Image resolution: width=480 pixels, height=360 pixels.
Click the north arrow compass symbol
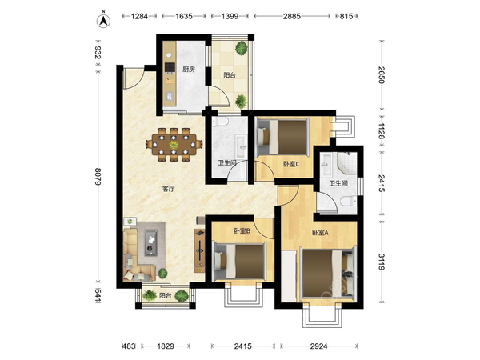click(103, 21)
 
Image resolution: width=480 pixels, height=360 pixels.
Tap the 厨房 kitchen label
click(189, 70)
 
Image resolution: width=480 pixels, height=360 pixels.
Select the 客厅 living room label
click(168, 189)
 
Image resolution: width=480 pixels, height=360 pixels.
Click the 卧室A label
click(320, 233)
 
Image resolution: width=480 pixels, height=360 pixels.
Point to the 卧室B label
click(242, 231)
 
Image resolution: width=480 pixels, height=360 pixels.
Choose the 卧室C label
click(291, 164)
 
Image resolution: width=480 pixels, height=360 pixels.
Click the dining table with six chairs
click(174, 144)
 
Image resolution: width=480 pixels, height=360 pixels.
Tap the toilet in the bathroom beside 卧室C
click(221, 122)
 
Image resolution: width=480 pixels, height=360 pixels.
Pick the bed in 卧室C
click(282, 137)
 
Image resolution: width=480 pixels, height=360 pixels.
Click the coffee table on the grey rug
click(150, 242)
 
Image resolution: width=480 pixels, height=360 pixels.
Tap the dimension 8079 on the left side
click(98, 176)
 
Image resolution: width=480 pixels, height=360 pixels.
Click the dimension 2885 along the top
click(292, 16)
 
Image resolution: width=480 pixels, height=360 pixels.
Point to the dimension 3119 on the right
click(382, 262)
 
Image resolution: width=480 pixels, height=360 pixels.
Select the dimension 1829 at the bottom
click(166, 346)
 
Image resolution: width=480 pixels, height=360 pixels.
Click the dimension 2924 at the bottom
click(318, 346)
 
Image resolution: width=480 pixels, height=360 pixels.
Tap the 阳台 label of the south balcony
click(165, 296)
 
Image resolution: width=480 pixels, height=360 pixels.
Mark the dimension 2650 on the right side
click(382, 75)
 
